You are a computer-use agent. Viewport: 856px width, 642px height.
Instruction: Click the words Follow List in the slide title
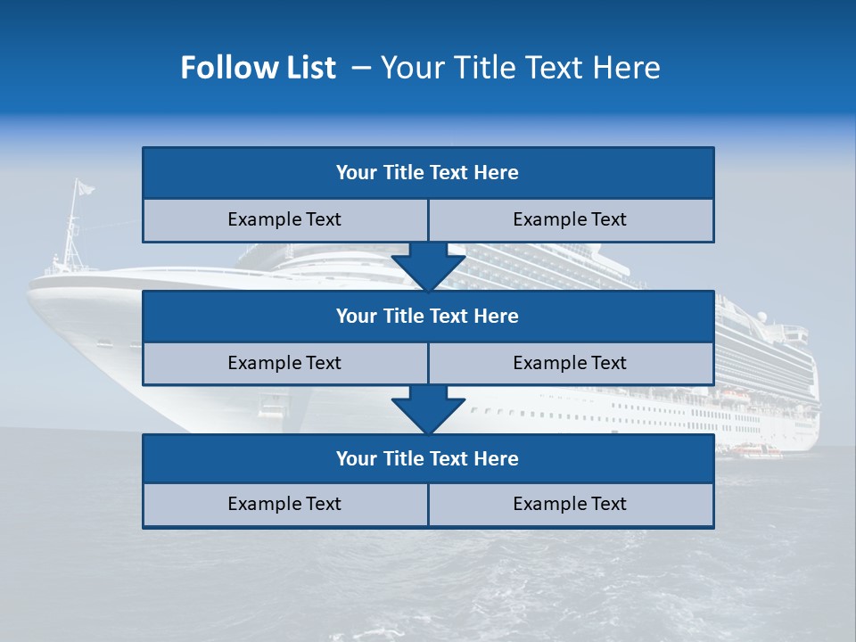click(259, 68)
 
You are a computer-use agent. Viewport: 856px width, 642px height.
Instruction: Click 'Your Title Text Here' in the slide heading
click(521, 68)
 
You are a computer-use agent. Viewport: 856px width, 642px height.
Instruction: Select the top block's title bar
click(428, 173)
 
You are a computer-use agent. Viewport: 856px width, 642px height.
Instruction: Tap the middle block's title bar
click(428, 316)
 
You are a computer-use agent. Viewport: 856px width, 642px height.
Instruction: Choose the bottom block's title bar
click(428, 458)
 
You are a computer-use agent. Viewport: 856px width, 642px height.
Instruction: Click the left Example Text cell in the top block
click(285, 219)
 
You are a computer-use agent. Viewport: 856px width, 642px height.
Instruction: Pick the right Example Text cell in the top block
click(571, 219)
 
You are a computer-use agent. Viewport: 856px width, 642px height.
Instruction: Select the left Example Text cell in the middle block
click(285, 363)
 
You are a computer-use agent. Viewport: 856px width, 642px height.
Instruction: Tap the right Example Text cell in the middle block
click(571, 363)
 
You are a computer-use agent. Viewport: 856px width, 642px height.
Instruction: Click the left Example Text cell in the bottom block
click(285, 504)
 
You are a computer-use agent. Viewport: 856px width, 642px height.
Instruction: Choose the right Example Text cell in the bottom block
click(571, 504)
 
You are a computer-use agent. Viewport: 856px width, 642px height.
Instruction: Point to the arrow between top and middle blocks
click(428, 266)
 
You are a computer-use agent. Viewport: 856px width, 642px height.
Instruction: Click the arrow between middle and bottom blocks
click(428, 409)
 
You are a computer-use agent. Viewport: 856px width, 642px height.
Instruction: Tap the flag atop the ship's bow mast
click(84, 187)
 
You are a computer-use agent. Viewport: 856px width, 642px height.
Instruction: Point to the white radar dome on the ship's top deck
click(761, 317)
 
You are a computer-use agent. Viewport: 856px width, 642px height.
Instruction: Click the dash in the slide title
click(361, 68)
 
